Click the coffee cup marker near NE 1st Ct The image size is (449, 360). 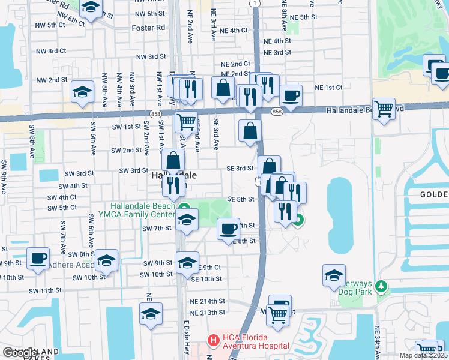tap(291, 95)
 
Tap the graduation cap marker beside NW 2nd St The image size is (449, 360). tap(83, 92)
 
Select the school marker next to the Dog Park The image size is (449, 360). tap(334, 275)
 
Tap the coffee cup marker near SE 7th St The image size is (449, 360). tap(228, 229)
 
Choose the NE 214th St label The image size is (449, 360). tap(207, 301)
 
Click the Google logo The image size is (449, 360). tap(20, 353)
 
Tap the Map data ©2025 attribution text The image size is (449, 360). tap(423, 355)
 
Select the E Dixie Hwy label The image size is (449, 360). tap(187, 339)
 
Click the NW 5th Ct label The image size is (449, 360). tap(50, 25)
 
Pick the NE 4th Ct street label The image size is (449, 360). tap(234, 30)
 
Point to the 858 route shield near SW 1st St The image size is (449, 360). tap(154, 113)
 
